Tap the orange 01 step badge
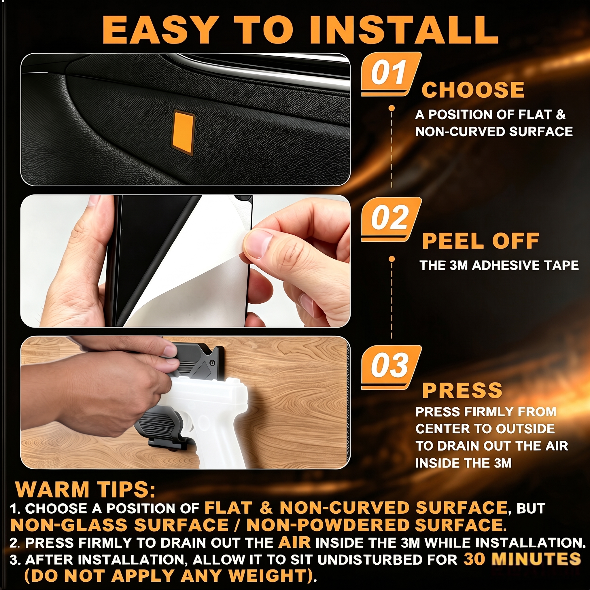[391, 74]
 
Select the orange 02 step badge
[391, 219]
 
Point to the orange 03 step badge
[391, 367]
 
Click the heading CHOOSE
[473, 90]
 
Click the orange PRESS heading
[462, 390]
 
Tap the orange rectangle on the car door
[184, 132]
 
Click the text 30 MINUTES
[522, 559]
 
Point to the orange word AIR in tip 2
[294, 542]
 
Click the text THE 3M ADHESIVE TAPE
[499, 265]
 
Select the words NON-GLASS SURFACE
[119, 525]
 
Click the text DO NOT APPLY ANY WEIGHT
[169, 576]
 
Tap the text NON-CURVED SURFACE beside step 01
[494, 132]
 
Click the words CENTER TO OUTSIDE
[485, 429]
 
